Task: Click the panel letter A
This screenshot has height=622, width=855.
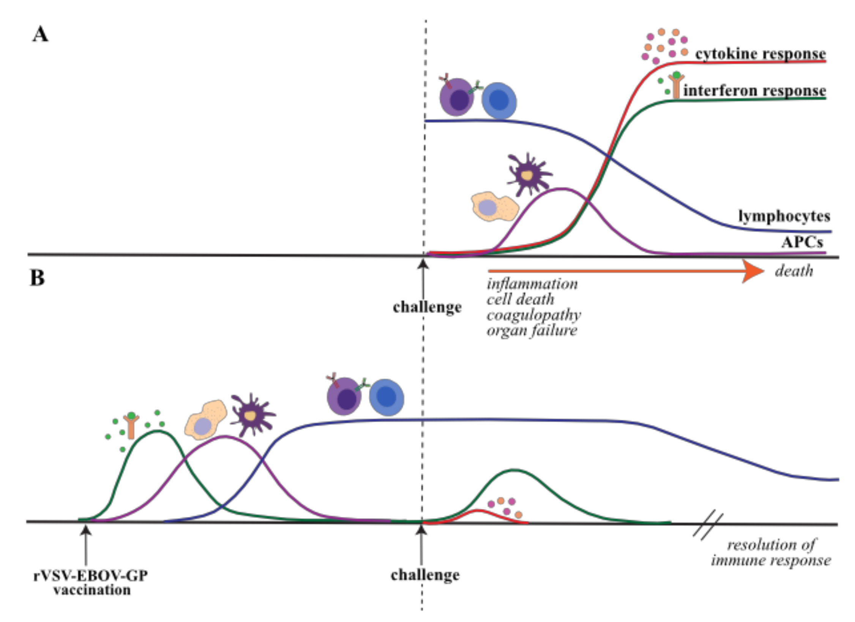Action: [41, 35]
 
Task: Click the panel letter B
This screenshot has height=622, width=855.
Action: [38, 278]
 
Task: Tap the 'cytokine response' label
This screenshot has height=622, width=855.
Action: [760, 54]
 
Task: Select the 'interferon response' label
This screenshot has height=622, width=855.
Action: [754, 91]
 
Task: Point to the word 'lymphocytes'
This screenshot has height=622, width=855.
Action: [784, 216]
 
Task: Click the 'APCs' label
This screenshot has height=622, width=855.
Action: [802, 242]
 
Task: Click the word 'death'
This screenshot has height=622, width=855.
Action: [794, 271]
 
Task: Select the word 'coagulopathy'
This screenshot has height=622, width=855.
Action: [533, 315]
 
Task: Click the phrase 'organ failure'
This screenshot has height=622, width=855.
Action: [532, 330]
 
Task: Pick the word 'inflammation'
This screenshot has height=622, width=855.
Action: [532, 284]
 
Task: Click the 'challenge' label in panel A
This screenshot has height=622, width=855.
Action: [427, 307]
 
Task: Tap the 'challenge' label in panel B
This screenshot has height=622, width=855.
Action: [425, 575]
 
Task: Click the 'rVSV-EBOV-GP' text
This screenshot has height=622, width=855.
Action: [91, 576]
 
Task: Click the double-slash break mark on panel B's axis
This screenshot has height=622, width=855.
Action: [708, 526]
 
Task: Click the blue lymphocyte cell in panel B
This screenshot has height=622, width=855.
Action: [386, 397]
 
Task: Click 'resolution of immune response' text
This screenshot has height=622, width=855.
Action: [771, 552]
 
